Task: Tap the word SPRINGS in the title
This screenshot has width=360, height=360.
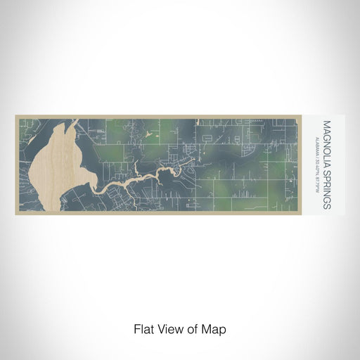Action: pyautogui.click(x=327, y=184)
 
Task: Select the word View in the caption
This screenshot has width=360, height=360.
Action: pyautogui.click(x=169, y=328)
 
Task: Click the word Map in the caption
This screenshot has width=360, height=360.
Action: pyautogui.click(x=217, y=328)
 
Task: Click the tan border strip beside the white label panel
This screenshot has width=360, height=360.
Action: pyautogui.click(x=307, y=165)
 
